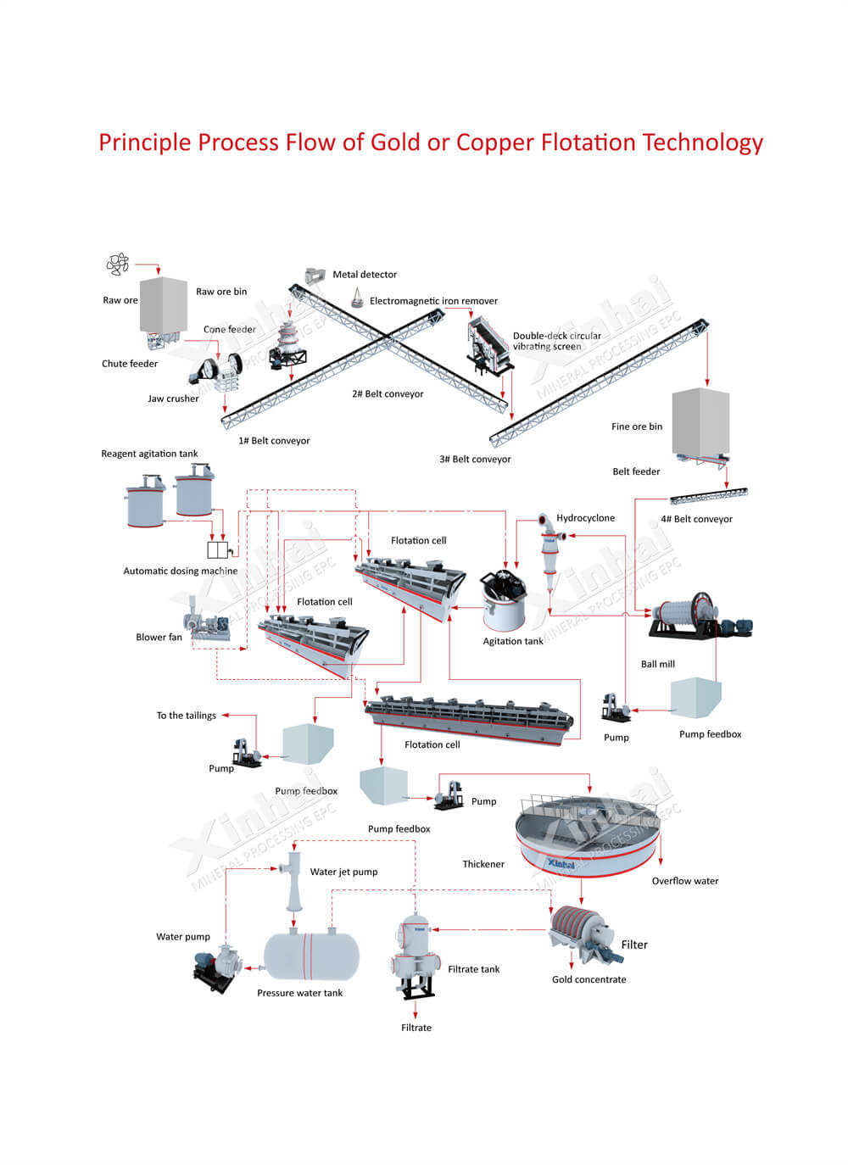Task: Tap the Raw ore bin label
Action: pos(221,292)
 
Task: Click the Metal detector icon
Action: pos(315,276)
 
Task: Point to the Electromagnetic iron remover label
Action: pos(433,301)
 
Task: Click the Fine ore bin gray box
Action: pos(700,422)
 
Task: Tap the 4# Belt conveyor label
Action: pos(696,519)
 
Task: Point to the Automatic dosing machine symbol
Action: pos(218,550)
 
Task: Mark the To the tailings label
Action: pos(186,716)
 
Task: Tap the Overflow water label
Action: pos(684,881)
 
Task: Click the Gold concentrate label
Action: pos(589,979)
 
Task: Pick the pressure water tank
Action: pos(311,956)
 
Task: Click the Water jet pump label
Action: pos(343,872)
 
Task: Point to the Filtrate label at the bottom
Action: pos(416,1028)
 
